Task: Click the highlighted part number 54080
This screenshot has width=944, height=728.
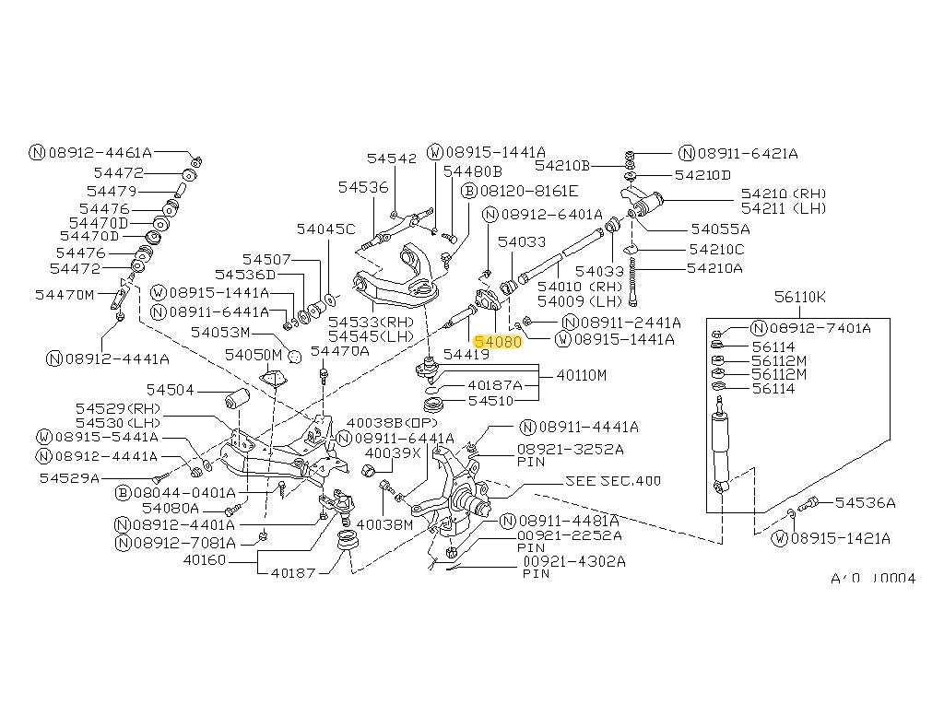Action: click(x=498, y=341)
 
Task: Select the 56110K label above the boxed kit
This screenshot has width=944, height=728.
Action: click(x=800, y=297)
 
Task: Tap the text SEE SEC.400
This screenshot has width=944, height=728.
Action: click(x=613, y=481)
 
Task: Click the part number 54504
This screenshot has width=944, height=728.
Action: click(x=171, y=391)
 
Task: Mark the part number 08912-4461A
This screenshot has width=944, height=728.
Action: click(x=100, y=153)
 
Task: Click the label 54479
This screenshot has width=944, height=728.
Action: click(x=112, y=191)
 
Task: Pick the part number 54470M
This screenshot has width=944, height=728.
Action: click(x=65, y=294)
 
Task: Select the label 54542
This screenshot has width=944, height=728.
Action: click(x=392, y=159)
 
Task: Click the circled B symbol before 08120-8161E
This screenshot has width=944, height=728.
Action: click(x=469, y=191)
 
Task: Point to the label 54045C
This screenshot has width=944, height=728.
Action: click(x=324, y=229)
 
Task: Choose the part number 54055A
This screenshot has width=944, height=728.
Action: click(x=720, y=229)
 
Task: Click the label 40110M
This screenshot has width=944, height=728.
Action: click(x=582, y=375)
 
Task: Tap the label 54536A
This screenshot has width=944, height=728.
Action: click(x=865, y=502)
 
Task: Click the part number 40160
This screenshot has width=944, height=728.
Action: click(x=204, y=558)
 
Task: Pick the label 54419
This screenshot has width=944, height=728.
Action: click(x=466, y=354)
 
